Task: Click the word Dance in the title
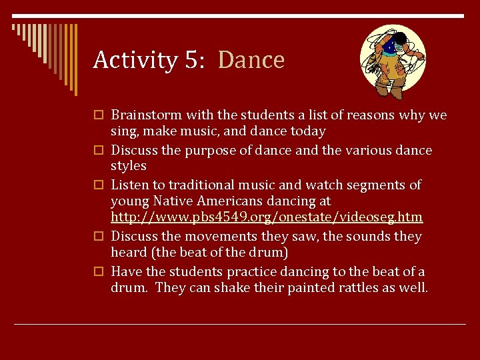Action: pos(251,60)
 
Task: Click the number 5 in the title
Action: pos(189,60)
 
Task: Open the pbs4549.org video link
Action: pos(267,218)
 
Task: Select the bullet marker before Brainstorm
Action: pos(99,116)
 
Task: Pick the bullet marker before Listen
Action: pos(99,185)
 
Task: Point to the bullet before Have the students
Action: pos(99,272)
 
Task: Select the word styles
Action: pos(129,165)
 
